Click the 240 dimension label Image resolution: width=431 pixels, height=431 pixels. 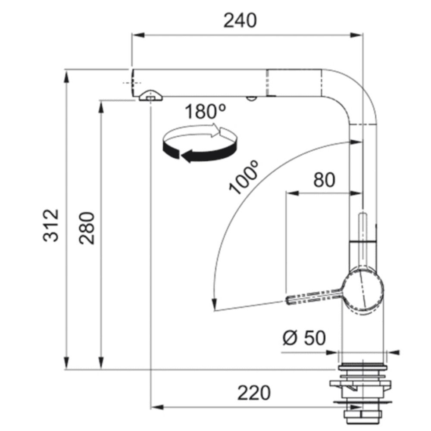coord(240,20)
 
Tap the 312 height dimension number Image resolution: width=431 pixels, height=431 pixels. coord(51,225)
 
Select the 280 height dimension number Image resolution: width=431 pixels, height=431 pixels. coord(87,228)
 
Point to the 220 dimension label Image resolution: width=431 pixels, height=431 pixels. coord(254,393)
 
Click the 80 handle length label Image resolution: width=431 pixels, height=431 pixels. coord(325,180)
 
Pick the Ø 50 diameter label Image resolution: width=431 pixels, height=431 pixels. coord(304,337)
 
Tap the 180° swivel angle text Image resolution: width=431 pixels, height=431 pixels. coord(205,112)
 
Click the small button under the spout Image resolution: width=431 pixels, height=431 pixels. coord(251,98)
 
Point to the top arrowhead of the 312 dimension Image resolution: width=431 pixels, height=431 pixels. coord(66,77)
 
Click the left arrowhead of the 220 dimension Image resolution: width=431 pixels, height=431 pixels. coord(157,407)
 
